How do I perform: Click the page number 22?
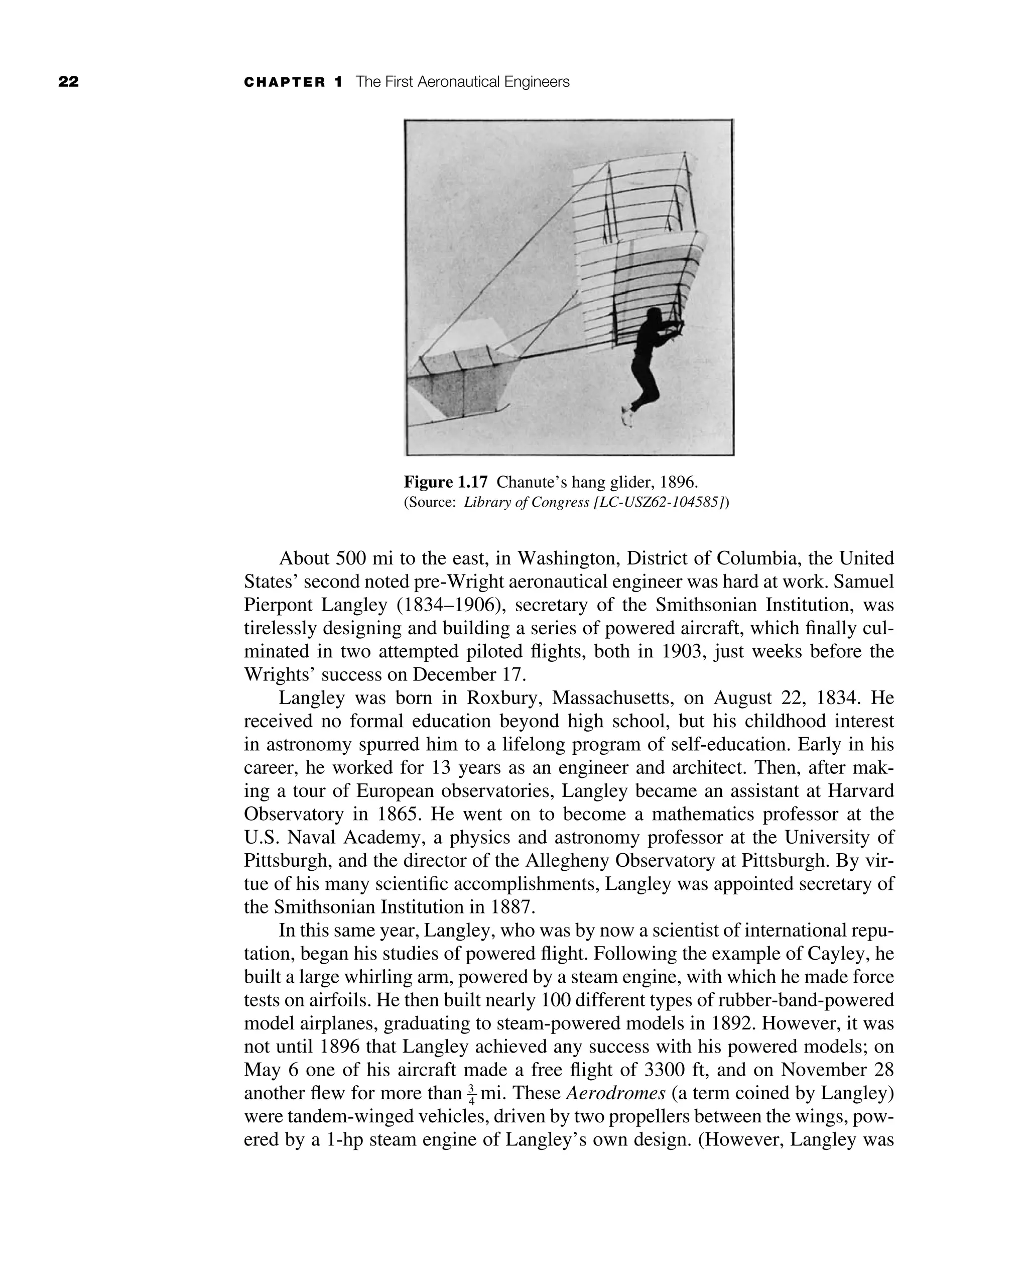69,82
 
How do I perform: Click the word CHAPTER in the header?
285,82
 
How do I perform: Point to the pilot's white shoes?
626,416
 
